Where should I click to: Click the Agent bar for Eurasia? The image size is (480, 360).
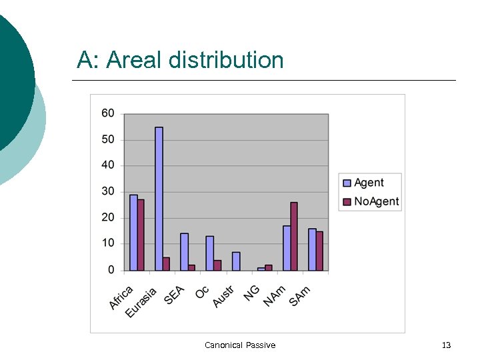(x=159, y=199)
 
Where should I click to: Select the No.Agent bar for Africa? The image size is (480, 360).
(x=141, y=235)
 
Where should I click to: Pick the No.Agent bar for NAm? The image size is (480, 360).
(x=294, y=236)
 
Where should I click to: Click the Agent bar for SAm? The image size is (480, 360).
(x=312, y=249)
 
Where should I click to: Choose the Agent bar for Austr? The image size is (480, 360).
(x=236, y=261)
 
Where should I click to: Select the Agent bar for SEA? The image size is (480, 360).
(x=184, y=251)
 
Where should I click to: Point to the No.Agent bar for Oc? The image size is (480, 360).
(x=217, y=265)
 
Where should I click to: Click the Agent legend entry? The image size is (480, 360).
(x=369, y=183)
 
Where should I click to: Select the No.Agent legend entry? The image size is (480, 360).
(x=376, y=201)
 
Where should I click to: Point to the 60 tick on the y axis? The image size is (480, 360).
(x=108, y=113)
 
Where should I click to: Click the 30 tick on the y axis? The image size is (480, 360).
(x=108, y=191)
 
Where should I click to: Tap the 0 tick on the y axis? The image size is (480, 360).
(x=111, y=270)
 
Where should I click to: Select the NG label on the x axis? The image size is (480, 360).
(x=252, y=293)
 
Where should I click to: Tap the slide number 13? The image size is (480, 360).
(x=447, y=345)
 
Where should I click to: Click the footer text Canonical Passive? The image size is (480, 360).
(x=240, y=345)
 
